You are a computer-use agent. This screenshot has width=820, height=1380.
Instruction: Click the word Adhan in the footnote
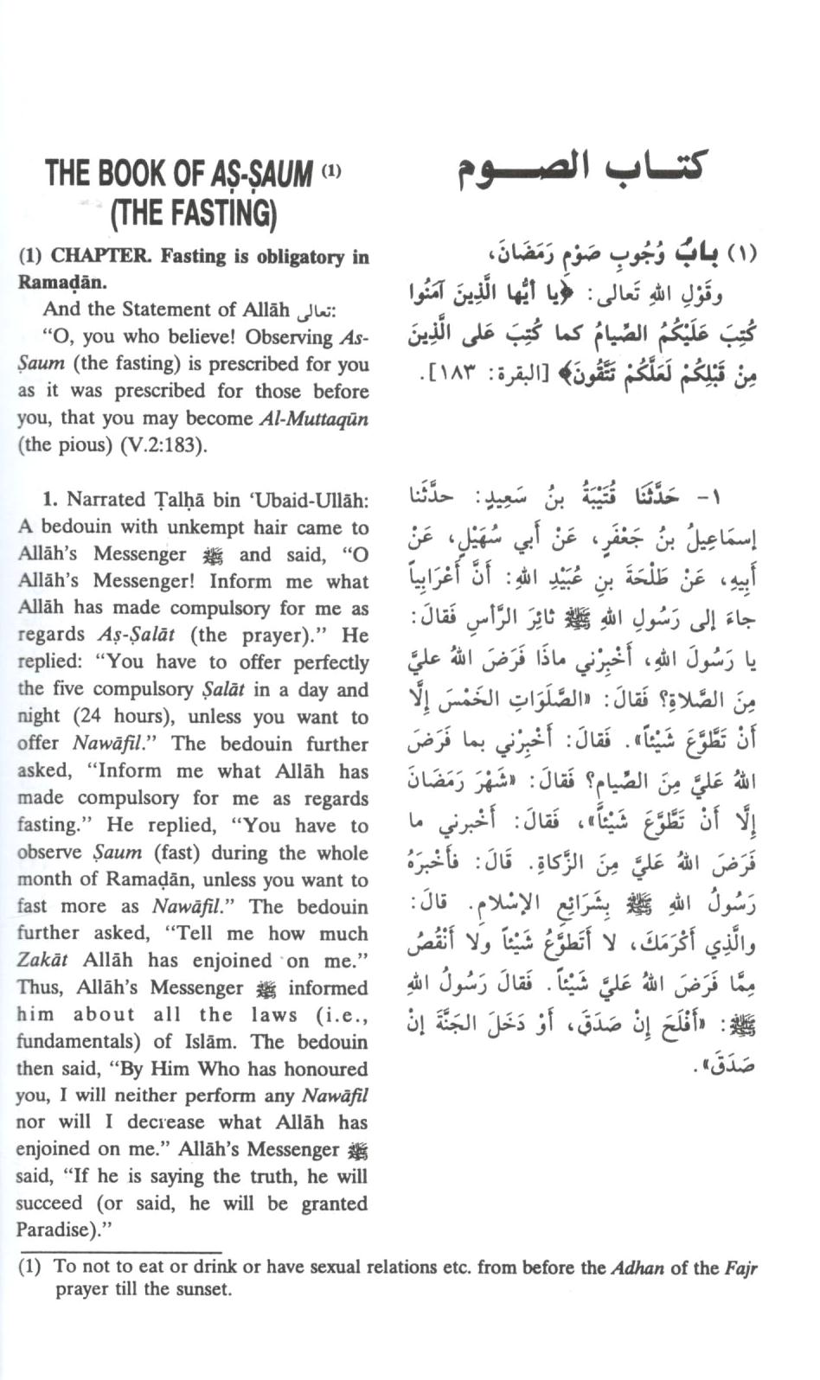(x=637, y=1268)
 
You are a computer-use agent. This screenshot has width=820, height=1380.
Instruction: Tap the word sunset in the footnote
(x=205, y=1290)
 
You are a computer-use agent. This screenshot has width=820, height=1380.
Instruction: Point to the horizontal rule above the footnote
(x=121, y=1251)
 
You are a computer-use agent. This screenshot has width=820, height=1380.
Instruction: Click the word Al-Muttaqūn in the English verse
(x=314, y=418)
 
